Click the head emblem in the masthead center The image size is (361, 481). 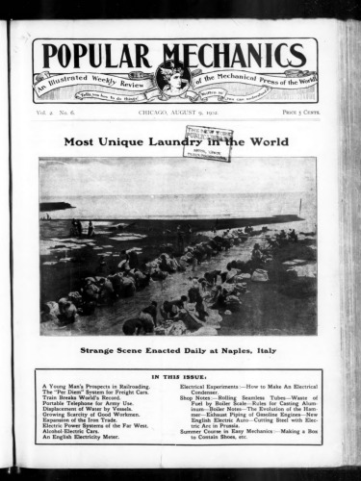pyautogui.click(x=173, y=74)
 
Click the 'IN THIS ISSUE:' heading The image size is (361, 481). pyautogui.click(x=180, y=376)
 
